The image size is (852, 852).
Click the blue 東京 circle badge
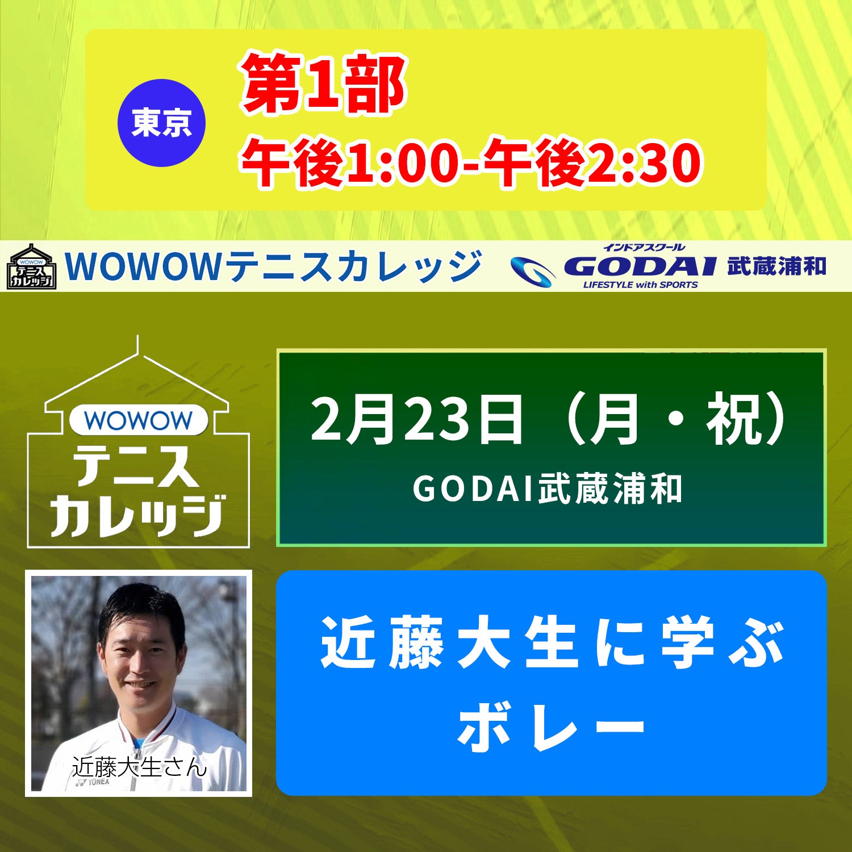(x=161, y=123)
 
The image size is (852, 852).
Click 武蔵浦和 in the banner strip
(x=776, y=266)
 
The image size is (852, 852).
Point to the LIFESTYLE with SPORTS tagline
(x=640, y=285)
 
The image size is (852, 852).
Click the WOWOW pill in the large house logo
(x=139, y=420)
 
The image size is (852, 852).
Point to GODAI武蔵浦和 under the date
(x=548, y=489)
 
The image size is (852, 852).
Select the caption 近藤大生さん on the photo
(x=139, y=767)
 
